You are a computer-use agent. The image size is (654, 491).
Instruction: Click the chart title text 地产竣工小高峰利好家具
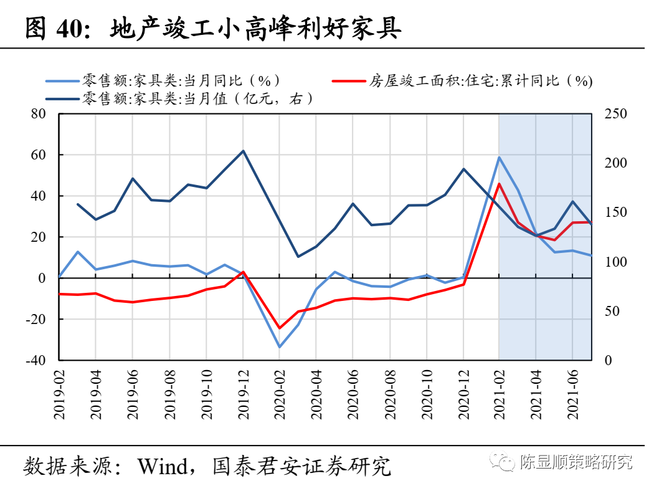[x=255, y=29]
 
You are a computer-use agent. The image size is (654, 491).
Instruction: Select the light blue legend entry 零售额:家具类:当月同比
[x=181, y=81]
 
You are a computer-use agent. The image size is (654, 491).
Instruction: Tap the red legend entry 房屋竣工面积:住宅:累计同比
[x=480, y=81]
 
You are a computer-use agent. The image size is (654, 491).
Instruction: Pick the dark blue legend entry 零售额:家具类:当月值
[x=193, y=98]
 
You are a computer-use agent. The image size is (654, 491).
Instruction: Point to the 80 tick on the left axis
[x=39, y=114]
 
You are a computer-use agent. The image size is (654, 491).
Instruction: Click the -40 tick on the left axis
[x=36, y=360]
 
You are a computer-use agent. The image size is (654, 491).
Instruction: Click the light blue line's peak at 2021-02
[x=499, y=157]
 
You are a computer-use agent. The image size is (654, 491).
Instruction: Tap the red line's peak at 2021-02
[x=499, y=184]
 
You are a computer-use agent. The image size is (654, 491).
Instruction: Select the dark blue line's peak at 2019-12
[x=243, y=151]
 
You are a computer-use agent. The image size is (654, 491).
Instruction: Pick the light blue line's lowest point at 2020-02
[x=279, y=347]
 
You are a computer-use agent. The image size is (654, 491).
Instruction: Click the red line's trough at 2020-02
[x=279, y=328]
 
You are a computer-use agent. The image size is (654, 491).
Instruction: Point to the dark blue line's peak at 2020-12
[x=463, y=169]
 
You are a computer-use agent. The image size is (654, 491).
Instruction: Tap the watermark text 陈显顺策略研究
[x=576, y=462]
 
